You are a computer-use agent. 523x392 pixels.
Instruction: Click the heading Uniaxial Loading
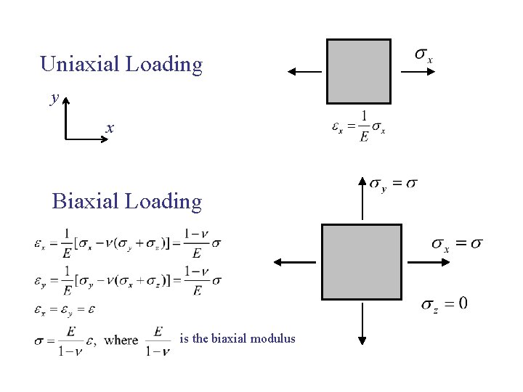coord(121,65)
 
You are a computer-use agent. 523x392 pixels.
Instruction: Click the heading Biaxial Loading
coord(127,201)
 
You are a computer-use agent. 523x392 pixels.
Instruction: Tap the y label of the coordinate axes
coord(54,98)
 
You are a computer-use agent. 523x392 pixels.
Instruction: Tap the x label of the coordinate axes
coord(110,128)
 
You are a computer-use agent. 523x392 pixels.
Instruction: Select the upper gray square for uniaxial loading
coord(359,71)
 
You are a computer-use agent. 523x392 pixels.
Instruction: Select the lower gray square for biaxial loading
coord(362,262)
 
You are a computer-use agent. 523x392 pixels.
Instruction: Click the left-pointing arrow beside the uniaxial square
coord(305,71)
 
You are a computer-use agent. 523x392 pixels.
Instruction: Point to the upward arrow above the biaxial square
coord(362,197)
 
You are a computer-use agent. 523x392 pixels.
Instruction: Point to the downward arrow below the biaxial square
coord(362,323)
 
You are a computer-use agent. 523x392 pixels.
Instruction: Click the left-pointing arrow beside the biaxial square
coord(296,262)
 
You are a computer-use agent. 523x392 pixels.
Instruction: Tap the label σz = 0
coord(445,303)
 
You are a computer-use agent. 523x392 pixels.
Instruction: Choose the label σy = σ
coord(394,184)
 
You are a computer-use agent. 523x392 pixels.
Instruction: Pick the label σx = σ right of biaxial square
coord(458,244)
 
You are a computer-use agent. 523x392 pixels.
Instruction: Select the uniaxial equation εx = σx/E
coord(359,127)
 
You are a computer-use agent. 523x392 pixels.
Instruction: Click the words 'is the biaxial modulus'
coord(238,338)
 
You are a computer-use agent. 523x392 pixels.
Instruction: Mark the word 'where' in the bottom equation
coord(121,340)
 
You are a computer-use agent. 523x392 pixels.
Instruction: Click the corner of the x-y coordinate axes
coord(66,137)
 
